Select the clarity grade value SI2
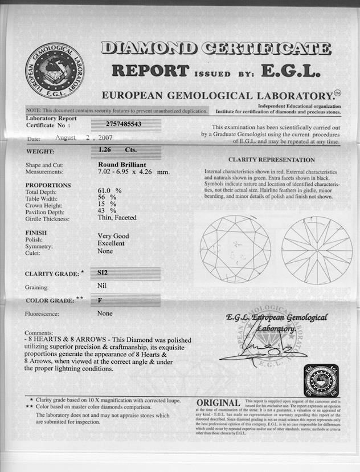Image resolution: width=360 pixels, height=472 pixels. pos(103,274)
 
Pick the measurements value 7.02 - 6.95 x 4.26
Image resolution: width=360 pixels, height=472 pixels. pos(134,172)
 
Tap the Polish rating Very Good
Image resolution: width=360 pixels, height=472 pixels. pos(113,236)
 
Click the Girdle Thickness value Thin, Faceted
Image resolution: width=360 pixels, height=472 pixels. pos(117,217)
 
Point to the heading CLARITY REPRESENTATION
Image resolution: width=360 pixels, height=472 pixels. pos(272,160)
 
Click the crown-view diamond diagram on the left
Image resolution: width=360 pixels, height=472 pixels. pos(235,249)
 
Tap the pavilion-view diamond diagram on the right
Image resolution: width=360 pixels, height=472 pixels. pos(317,250)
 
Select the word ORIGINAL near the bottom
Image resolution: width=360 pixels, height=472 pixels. pos(218,404)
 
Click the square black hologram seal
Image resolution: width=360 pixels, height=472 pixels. pos(321,380)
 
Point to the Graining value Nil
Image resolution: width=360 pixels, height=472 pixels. pos(103,286)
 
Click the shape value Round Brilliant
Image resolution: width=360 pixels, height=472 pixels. pos(120,164)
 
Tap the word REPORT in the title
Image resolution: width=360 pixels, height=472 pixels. pos(150,71)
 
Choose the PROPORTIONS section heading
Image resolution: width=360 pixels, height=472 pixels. pos(48,185)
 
